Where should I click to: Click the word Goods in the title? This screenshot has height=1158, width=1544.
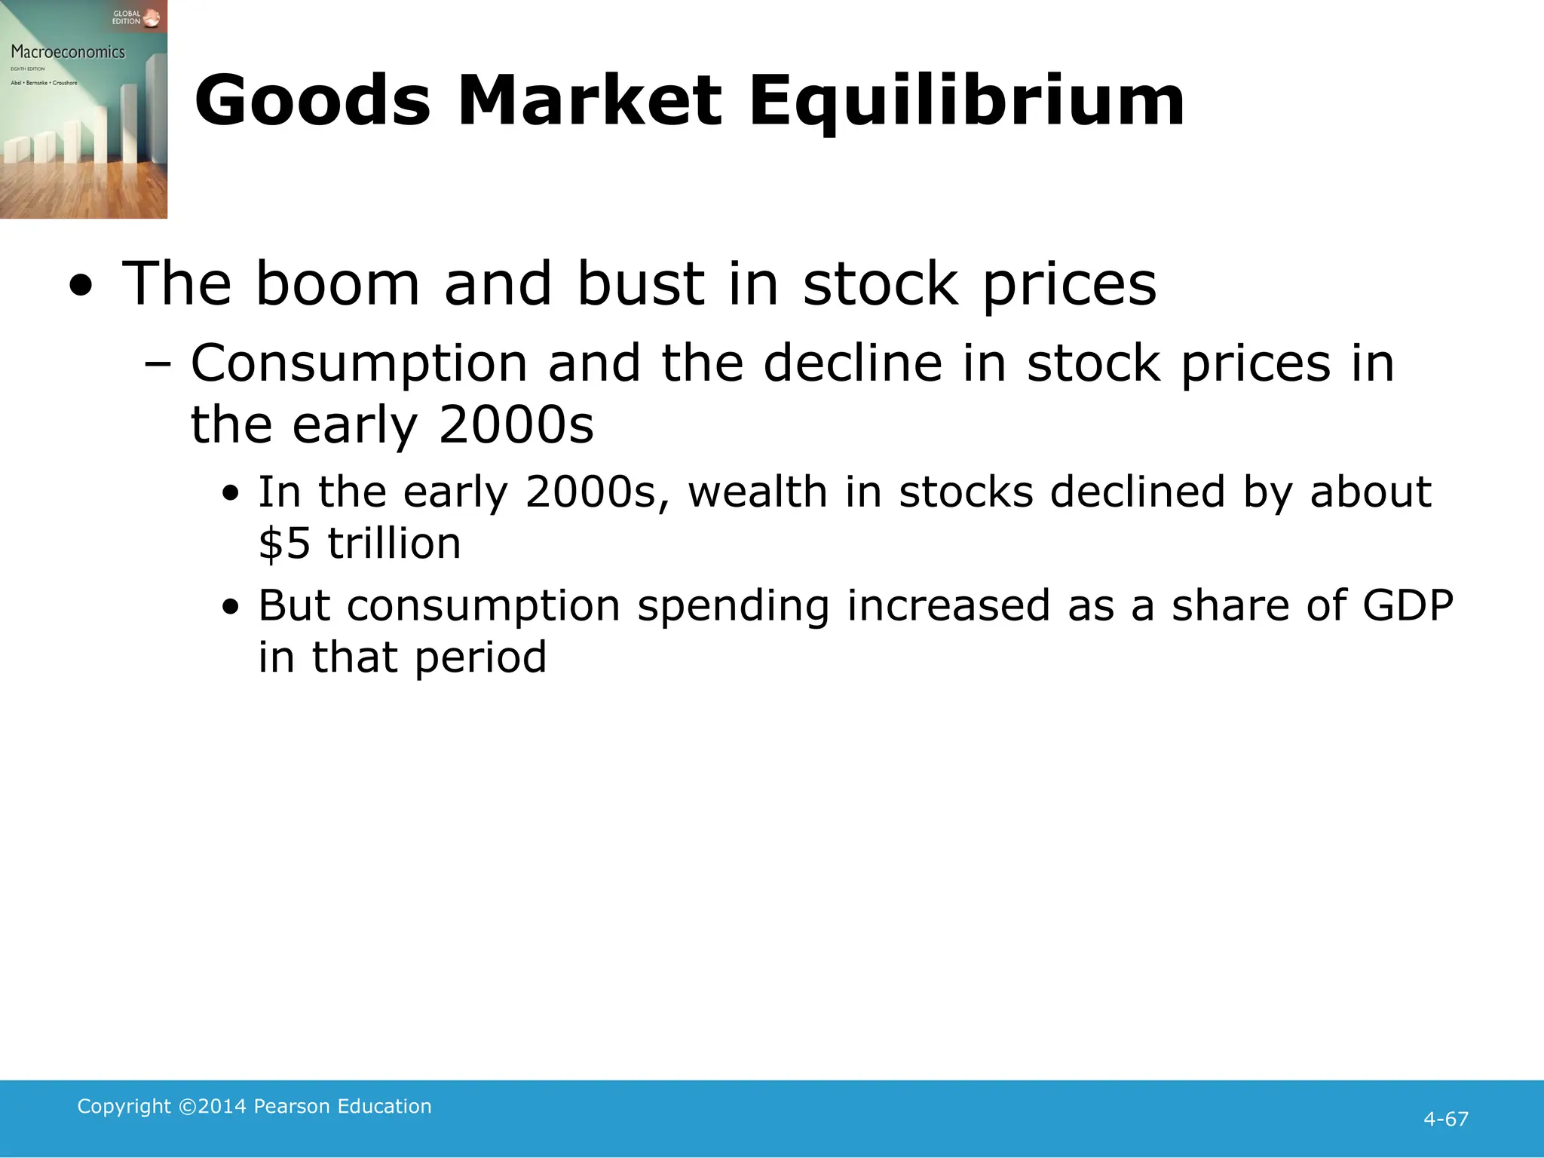click(x=312, y=101)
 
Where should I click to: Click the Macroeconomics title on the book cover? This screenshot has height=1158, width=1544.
click(x=68, y=52)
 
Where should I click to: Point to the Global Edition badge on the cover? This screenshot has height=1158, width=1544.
click(x=135, y=17)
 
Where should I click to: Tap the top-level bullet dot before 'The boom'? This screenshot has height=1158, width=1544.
click(x=81, y=286)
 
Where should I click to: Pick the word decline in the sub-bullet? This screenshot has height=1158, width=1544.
click(x=853, y=363)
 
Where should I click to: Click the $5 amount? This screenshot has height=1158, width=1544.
click(x=284, y=543)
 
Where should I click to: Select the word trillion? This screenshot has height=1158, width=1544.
click(x=394, y=543)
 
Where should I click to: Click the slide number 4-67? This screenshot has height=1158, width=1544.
click(x=1445, y=1119)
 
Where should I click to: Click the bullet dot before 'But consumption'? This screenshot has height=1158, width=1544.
click(x=231, y=608)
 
